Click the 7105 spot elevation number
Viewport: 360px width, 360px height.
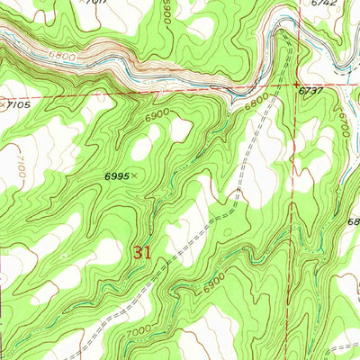[20, 104]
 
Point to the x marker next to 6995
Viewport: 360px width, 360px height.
[135, 176]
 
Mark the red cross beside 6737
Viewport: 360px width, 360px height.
[296, 86]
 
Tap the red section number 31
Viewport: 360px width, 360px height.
[141, 253]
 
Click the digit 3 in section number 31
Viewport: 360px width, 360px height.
[137, 253]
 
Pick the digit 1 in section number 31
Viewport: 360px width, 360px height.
[147, 253]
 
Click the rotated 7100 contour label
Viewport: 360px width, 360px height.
[19, 166]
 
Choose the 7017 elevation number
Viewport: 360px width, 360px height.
[92, 4]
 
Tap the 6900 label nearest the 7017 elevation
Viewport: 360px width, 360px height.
[167, 12]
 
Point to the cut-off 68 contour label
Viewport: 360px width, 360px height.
[352, 221]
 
